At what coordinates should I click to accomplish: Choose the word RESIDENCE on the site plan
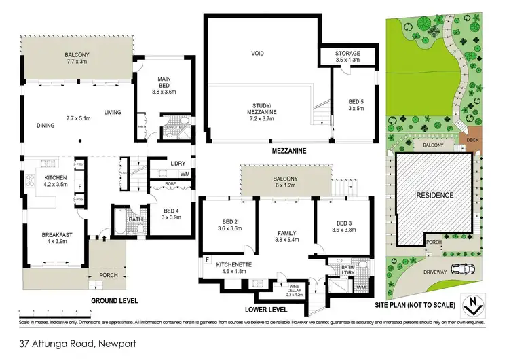tap(434, 196)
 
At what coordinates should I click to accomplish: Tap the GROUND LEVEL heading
tap(115, 300)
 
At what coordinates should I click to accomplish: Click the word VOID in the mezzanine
tap(257, 53)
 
